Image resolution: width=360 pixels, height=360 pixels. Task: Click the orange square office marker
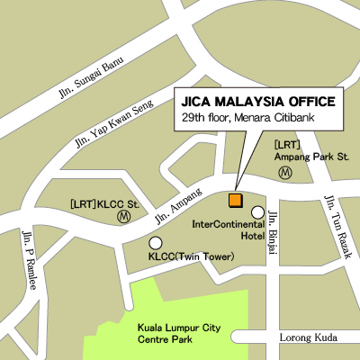point(235,199)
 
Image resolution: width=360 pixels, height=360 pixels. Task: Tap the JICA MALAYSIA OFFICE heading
point(258,101)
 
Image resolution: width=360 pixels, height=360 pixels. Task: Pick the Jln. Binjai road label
point(273,226)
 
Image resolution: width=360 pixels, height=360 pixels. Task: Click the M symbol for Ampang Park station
point(285,171)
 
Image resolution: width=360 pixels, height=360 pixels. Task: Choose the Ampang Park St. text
point(311,156)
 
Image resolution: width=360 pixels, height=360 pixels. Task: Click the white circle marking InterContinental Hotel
point(257,212)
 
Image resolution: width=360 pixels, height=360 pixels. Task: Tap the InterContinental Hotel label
point(230,230)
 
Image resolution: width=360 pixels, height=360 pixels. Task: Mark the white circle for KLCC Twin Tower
point(156,242)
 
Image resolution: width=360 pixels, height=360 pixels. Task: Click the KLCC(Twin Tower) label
point(189,257)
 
